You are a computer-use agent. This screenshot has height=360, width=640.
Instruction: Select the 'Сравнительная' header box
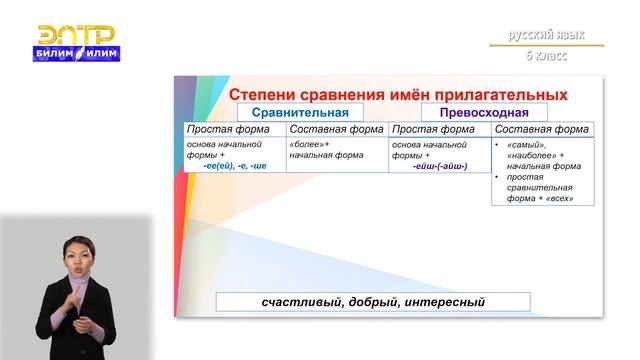pos(299,112)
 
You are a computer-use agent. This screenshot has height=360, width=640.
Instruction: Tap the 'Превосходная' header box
pos(485,112)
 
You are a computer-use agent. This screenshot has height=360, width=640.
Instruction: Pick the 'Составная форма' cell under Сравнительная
pos(335,129)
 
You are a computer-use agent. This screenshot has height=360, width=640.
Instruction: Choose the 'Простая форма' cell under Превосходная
pos(438,129)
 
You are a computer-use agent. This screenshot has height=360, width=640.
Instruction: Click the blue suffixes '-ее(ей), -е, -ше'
pos(235,165)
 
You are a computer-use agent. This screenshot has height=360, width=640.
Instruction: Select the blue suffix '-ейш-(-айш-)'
pos(439,166)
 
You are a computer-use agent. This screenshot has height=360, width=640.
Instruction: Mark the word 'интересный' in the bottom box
pos(444,301)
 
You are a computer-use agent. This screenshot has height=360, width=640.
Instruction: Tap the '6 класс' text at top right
pos(546,55)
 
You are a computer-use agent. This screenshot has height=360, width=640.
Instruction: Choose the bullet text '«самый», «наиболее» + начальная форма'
pos(545,155)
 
